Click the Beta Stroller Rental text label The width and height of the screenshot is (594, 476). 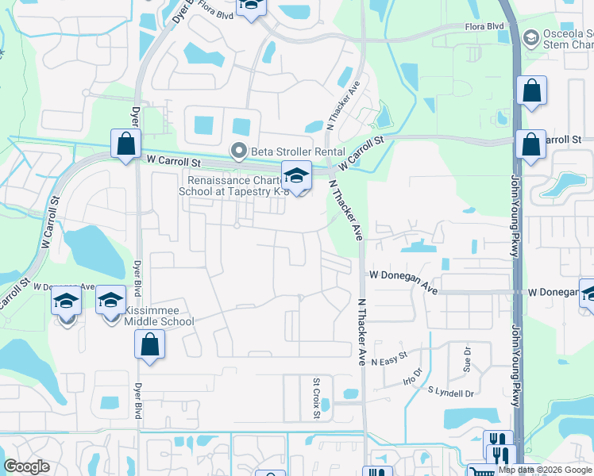(297, 152)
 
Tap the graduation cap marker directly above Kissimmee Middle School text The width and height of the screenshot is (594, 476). (111, 300)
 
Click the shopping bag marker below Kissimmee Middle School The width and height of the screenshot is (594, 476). (148, 345)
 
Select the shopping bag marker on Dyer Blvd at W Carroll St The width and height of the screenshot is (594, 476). (125, 144)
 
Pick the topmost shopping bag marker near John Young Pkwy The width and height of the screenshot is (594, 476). (531, 90)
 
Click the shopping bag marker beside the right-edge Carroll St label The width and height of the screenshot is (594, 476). (530, 145)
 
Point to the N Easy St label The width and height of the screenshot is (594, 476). (388, 356)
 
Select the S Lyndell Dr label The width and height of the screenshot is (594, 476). (450, 392)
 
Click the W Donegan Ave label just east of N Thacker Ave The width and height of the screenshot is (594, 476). (403, 274)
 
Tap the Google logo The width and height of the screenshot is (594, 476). (26, 466)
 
